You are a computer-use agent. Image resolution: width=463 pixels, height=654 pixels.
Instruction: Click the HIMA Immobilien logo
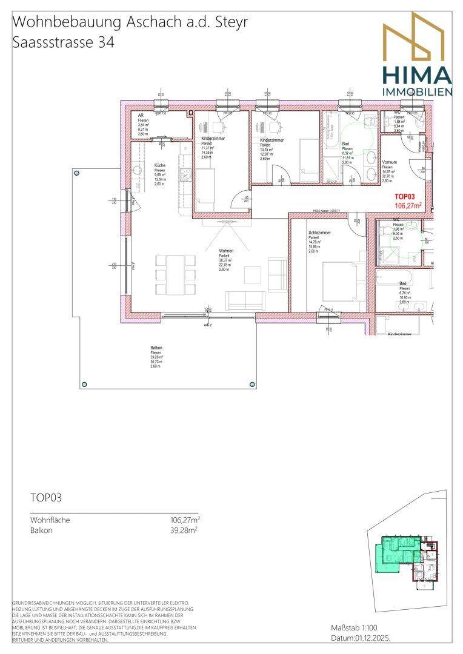416,54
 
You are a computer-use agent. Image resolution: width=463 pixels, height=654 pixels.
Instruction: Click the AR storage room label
141,115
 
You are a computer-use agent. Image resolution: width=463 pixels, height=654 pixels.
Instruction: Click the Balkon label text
156,348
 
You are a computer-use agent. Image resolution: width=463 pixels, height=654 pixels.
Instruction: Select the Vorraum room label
389,163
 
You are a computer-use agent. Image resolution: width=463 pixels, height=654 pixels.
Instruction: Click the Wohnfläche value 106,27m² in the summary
185,519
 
